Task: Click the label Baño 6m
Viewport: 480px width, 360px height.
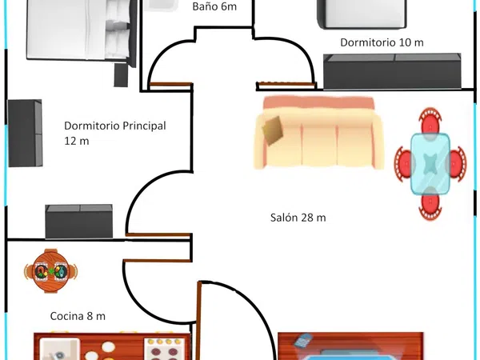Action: [214, 6]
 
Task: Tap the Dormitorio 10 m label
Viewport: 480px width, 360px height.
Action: [382, 42]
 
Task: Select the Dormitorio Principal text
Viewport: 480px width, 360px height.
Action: [115, 126]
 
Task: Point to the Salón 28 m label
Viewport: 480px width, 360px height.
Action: [298, 218]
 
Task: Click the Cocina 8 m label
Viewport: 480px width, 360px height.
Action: [78, 316]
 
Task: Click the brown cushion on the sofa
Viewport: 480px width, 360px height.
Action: [272, 130]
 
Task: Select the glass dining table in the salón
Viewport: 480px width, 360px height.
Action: [430, 164]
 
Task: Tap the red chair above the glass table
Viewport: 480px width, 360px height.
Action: [430, 121]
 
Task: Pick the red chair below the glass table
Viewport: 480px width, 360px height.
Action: [430, 205]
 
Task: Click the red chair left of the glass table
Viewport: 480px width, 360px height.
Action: [403, 164]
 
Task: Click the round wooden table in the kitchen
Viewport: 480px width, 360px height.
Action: [51, 271]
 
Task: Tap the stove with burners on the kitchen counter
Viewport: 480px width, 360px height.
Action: [165, 349]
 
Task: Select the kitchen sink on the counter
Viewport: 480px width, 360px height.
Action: [60, 349]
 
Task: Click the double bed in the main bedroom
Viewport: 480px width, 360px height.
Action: [82, 30]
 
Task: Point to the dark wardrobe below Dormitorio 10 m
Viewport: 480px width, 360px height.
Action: [392, 71]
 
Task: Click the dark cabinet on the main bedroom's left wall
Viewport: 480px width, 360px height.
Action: [25, 133]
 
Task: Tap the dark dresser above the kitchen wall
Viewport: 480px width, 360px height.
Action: [79, 222]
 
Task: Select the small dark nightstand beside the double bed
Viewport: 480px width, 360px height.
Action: [121, 75]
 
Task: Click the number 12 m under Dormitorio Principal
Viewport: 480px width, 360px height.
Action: [77, 141]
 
